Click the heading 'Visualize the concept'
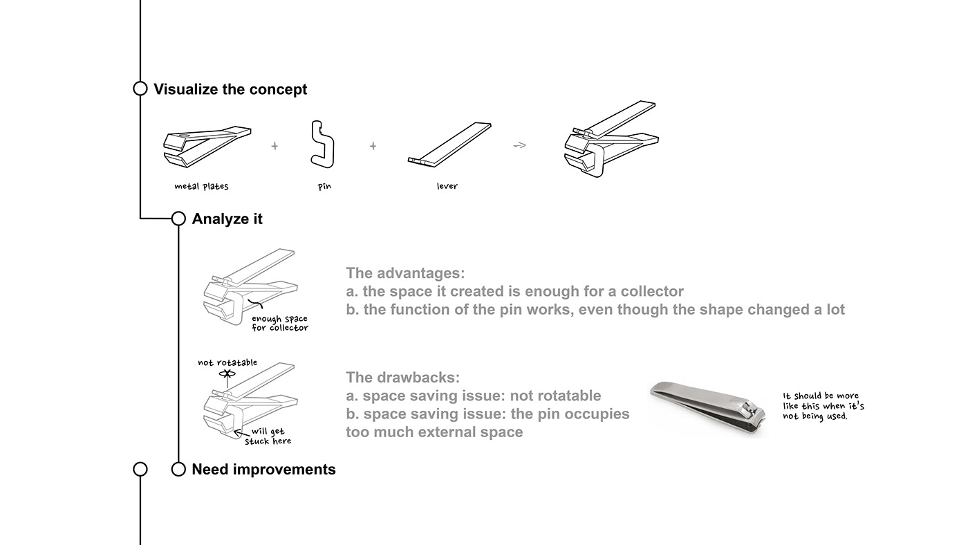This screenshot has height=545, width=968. [230, 89]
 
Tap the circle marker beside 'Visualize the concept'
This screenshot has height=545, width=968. [140, 88]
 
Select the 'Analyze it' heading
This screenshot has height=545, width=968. [227, 219]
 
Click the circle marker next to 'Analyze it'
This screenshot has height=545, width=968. [178, 219]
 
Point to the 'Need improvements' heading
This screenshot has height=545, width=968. [263, 470]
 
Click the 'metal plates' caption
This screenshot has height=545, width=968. [201, 186]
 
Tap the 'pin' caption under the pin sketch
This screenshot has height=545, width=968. [324, 186]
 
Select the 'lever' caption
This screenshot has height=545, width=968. [447, 186]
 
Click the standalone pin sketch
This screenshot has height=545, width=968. [322, 144]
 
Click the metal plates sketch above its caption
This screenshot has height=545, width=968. [207, 147]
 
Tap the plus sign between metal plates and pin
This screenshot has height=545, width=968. [274, 146]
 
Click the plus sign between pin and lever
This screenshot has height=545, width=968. [373, 146]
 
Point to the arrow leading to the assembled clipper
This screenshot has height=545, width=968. [519, 146]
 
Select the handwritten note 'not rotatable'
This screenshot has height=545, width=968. [227, 362]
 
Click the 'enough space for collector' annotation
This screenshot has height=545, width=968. [280, 323]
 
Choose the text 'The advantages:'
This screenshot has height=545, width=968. [405, 273]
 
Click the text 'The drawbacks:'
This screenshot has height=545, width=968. [402, 378]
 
